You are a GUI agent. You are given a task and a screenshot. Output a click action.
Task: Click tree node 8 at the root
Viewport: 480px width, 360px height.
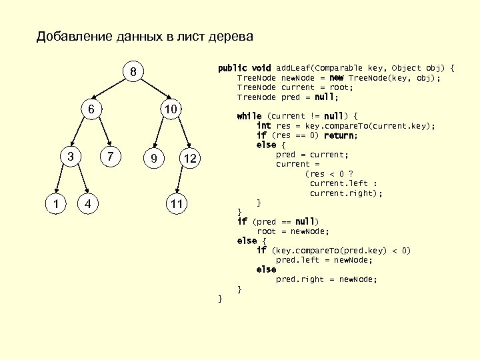pos(133,71)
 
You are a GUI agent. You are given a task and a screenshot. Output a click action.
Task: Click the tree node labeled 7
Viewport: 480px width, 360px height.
pos(111,157)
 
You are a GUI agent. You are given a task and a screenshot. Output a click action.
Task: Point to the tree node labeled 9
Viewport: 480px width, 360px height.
pos(154,158)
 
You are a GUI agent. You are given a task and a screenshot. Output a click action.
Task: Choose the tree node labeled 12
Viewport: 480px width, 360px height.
pos(190,158)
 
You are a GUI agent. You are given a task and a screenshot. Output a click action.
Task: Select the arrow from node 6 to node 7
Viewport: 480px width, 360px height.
pos(104,133)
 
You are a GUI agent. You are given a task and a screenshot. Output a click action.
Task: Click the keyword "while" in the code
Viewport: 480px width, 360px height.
pos(249,116)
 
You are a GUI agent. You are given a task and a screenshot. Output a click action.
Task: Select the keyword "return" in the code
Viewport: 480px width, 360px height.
pos(340,135)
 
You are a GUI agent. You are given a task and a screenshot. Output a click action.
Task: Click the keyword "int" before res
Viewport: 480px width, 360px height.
pos(263,126)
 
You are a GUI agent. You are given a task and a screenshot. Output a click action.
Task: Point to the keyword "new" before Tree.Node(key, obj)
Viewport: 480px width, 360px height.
pos(337,77)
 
